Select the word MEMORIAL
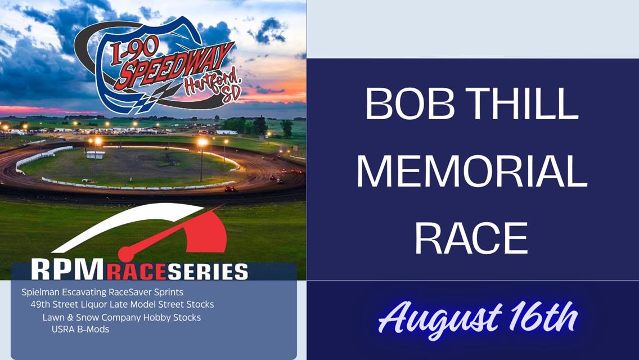(x=472, y=170)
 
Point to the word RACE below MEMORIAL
(x=471, y=238)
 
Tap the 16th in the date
(x=544, y=317)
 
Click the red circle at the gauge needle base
(x=126, y=254)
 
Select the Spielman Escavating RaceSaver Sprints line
(x=102, y=292)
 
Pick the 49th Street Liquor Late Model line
(x=122, y=304)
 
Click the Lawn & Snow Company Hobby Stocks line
(x=121, y=317)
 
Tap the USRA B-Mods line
(x=80, y=330)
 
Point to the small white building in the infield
(x=96, y=155)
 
